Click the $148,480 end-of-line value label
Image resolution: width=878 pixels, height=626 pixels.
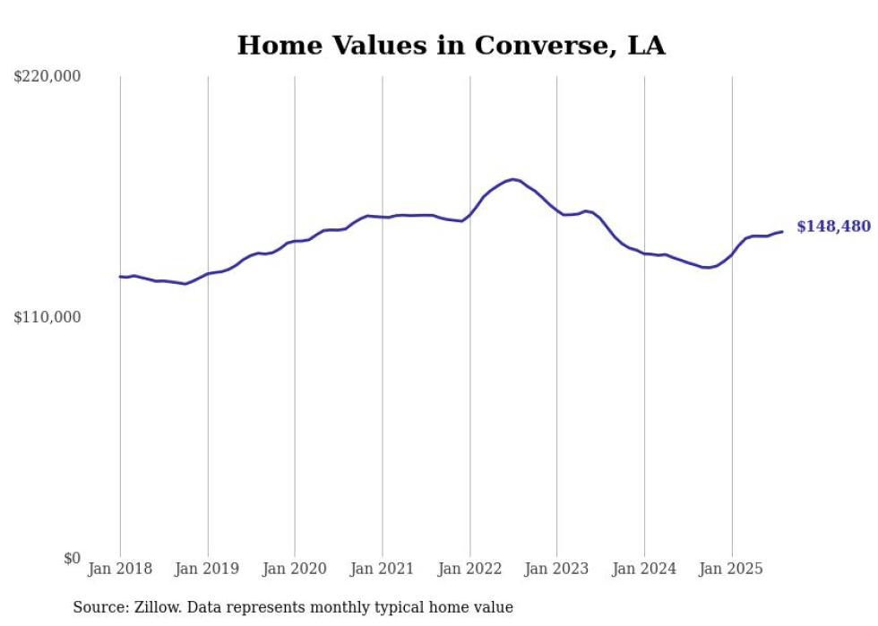833,227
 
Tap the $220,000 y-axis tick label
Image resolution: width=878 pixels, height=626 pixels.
47,77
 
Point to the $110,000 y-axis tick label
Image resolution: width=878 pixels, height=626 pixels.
47,317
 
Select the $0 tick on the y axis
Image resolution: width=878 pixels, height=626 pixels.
72,558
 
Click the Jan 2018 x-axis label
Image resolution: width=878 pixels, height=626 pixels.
120,569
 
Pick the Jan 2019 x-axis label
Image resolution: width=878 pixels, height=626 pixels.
208,569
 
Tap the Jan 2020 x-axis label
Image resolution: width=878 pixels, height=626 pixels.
295,569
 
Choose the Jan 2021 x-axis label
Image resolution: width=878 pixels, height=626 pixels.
383,569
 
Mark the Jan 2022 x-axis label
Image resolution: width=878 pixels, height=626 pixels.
469,569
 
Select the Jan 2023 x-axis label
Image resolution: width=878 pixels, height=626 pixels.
556,569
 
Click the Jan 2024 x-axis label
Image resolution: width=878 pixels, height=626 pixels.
644,569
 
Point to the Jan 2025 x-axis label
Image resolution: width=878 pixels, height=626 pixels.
731,569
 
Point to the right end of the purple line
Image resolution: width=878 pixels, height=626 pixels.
782,232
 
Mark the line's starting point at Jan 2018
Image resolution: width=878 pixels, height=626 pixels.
120,277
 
